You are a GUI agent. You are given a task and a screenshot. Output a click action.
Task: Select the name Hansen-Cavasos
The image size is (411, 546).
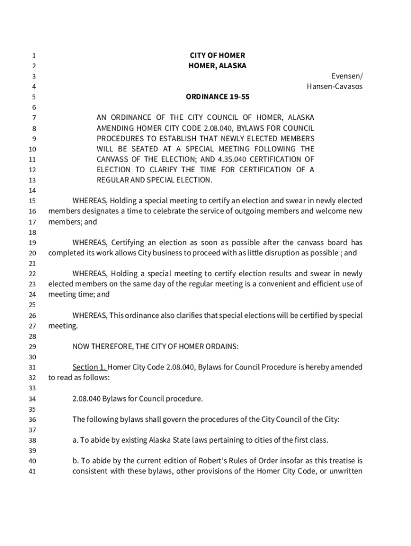tap(334, 86)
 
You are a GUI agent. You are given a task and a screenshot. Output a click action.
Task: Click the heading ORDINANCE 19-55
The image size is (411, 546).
tap(217, 97)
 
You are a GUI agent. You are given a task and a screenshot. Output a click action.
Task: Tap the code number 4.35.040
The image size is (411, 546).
tap(234, 159)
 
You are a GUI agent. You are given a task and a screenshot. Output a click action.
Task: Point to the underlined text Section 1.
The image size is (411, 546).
tap(90, 367)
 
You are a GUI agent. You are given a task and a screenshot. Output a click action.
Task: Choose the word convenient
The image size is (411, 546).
tap(269, 284)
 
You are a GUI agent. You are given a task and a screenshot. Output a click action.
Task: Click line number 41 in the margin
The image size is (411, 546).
tap(32, 471)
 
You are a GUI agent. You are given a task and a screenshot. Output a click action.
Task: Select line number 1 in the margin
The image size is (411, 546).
tap(34, 56)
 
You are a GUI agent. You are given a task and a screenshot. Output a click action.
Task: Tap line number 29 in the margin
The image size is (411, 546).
tap(32, 347)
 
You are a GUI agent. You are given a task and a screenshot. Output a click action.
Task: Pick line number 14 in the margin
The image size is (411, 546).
tap(32, 191)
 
